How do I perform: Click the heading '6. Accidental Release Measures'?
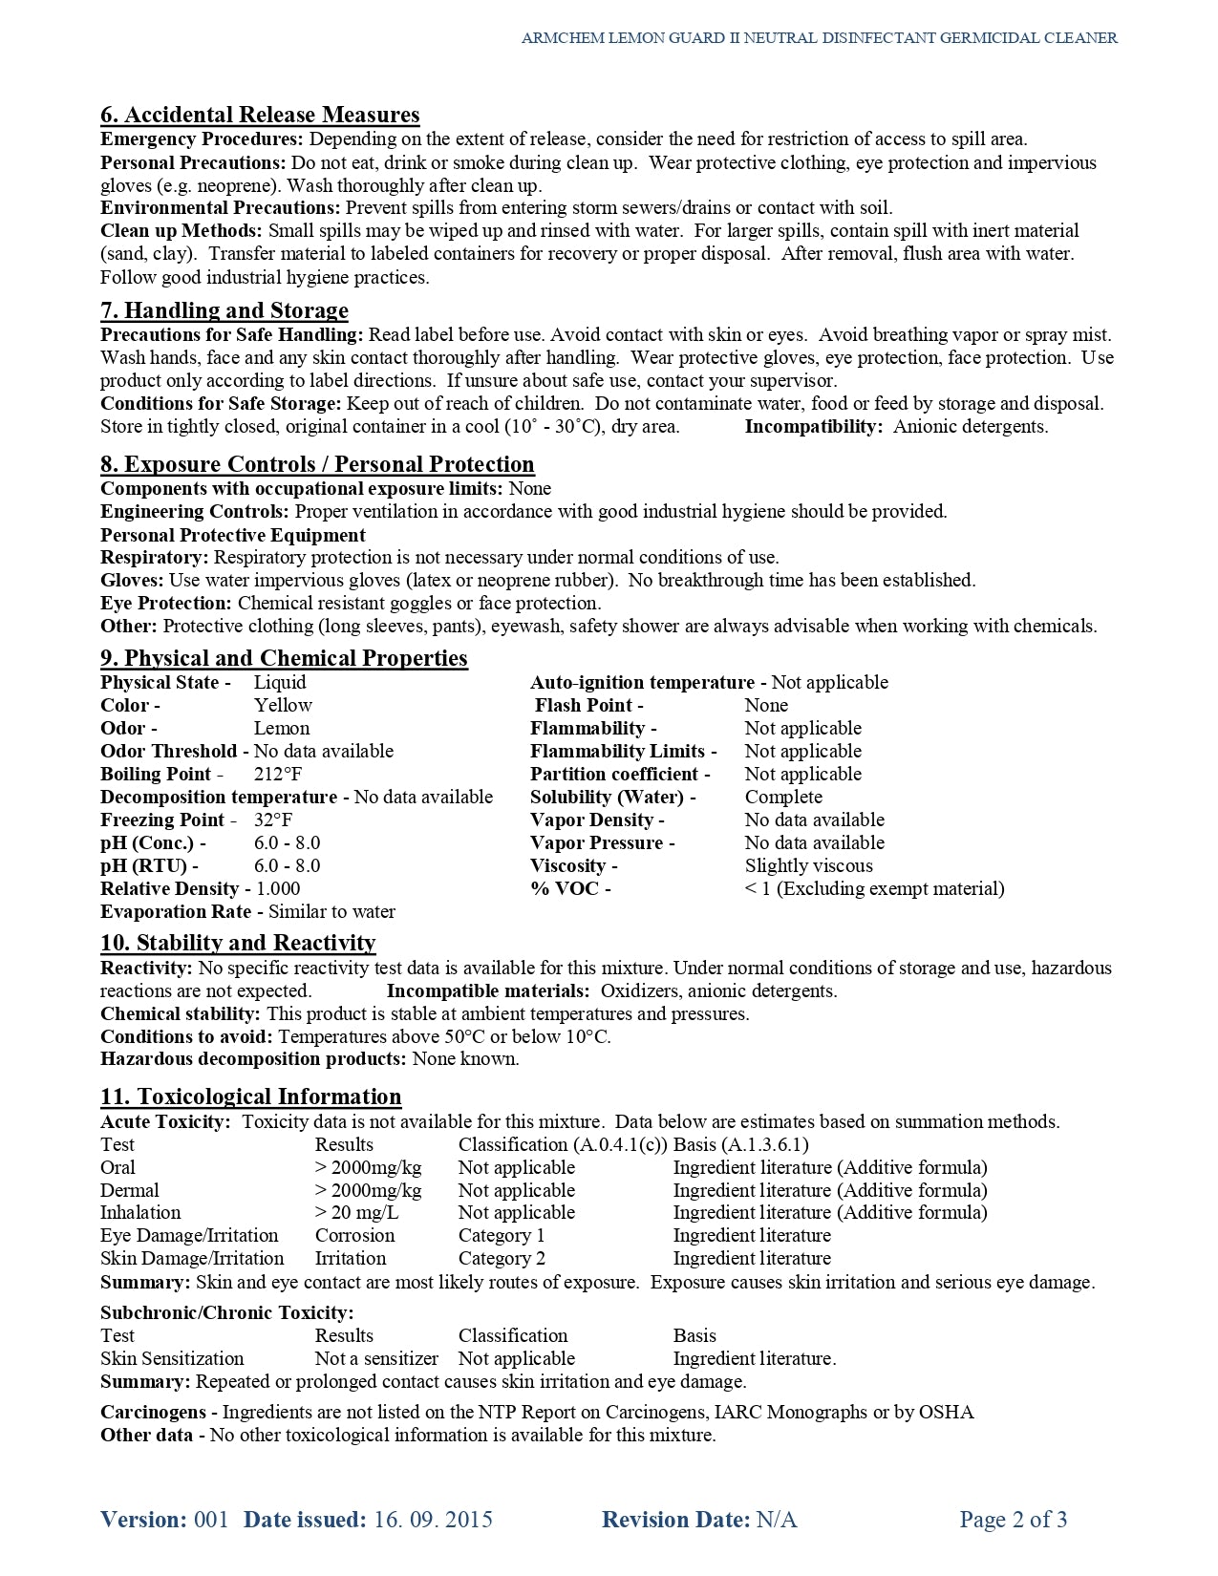[260, 116]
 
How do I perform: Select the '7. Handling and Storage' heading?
[224, 310]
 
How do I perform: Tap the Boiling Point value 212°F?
[278, 774]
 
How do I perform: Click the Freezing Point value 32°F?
[273, 820]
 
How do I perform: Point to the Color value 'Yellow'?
[283, 705]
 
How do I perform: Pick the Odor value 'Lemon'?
[282, 728]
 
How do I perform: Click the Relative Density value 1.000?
[278, 888]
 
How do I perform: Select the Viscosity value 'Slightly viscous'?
[808, 865]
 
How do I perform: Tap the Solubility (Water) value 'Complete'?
[783, 797]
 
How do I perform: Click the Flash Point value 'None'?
[766, 705]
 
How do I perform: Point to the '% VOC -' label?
[570, 888]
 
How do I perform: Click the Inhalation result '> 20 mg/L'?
[356, 1212]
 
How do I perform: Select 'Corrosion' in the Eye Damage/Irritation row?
[354, 1235]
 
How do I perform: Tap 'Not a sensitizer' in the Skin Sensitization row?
[376, 1358]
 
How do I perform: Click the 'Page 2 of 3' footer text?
[1014, 1520]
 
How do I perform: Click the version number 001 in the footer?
[211, 1520]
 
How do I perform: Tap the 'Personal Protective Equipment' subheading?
[233, 535]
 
